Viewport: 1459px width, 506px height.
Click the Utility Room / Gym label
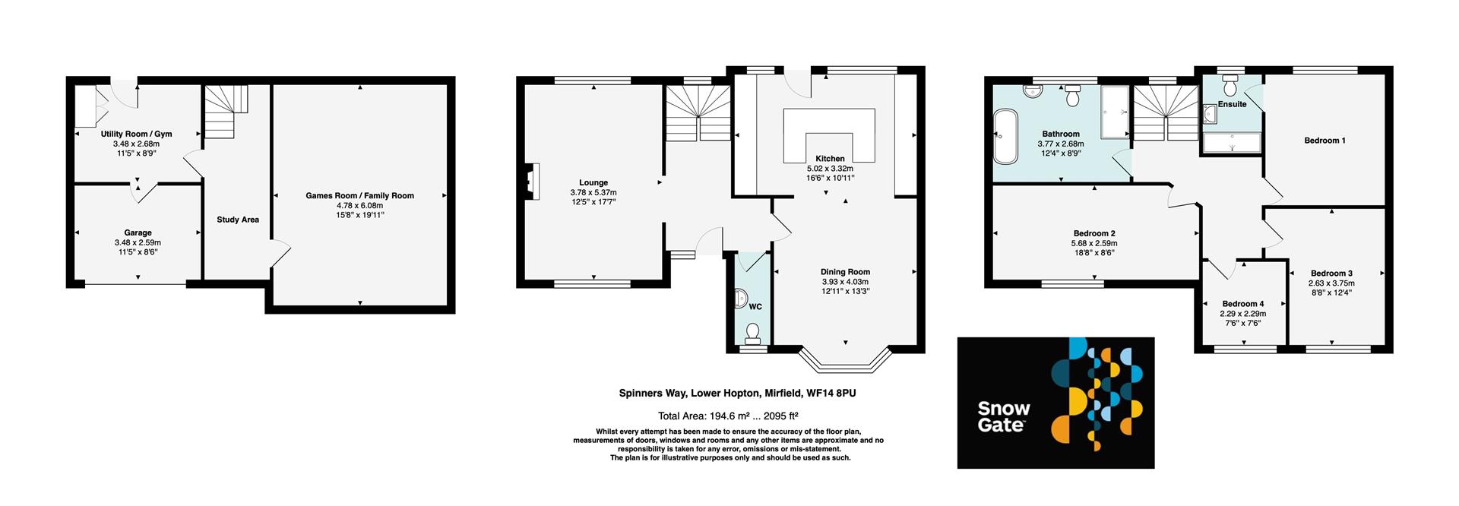[137, 134]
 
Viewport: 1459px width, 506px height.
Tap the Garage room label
[138, 232]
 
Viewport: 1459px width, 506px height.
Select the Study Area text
[238, 220]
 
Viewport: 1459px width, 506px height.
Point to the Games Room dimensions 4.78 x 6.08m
[359, 205]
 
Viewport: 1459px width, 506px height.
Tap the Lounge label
[593, 182]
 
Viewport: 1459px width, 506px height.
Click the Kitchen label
[830, 159]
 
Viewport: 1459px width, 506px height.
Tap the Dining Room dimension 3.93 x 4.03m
[845, 282]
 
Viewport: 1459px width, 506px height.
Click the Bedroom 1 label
[1324, 141]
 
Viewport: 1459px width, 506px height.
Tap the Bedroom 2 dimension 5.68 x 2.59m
[1094, 243]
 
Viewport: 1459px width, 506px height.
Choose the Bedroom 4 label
[1243, 304]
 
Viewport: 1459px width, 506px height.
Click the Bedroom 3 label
[1331, 274]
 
